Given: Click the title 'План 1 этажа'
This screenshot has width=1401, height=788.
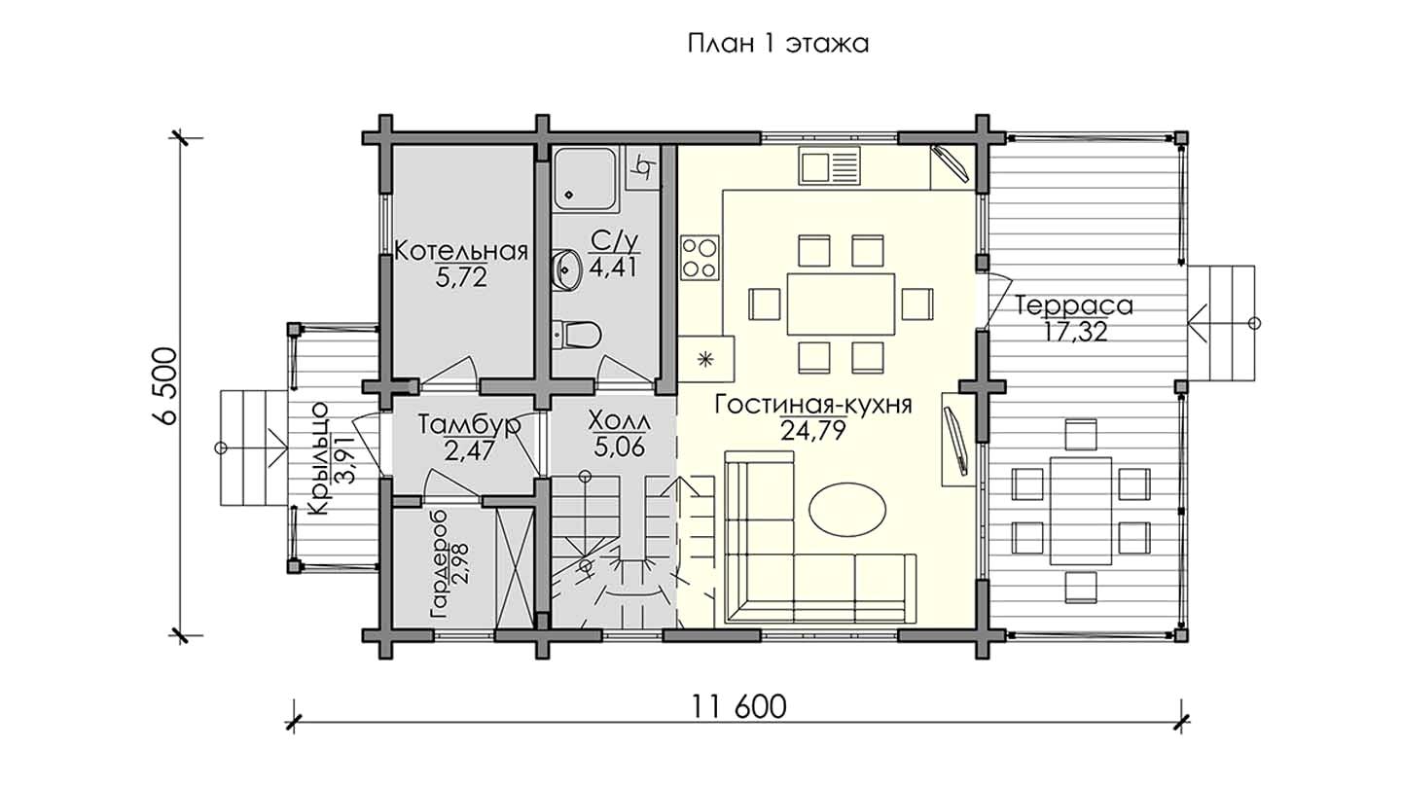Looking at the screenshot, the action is (x=778, y=45).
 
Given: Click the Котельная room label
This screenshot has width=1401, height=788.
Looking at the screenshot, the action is (x=461, y=251).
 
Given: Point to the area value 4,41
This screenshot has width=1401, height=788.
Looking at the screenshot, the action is (x=613, y=268).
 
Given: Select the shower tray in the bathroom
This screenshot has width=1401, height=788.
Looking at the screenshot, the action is (x=584, y=179).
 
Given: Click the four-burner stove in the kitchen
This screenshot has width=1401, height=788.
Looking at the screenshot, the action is (x=700, y=257).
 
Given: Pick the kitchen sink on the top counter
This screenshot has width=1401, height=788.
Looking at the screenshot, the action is (x=829, y=165).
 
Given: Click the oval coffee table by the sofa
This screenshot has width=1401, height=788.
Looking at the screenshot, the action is (x=847, y=510).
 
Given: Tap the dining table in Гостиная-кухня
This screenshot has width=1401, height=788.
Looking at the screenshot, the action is (x=841, y=304).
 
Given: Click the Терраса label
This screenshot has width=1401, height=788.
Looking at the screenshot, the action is (x=1073, y=305).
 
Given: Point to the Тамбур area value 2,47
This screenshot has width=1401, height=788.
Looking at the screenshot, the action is (x=470, y=450).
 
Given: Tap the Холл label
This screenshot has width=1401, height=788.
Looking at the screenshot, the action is (x=619, y=423).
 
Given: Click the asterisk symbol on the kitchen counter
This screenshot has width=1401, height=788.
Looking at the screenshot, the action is (x=705, y=358).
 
